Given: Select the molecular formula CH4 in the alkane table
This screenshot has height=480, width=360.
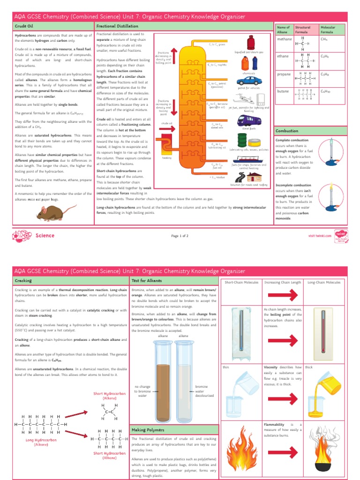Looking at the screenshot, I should click(323, 40).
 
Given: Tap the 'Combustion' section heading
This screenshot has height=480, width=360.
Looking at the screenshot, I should click(287, 131).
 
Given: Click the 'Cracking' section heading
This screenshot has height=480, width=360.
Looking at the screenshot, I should click(23, 280).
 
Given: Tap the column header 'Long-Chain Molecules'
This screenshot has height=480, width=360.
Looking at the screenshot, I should click(324, 283).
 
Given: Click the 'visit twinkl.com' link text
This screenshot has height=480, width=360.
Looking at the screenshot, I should click(320, 236).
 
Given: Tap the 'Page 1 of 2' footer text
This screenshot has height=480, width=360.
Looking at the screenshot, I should click(180, 236).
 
